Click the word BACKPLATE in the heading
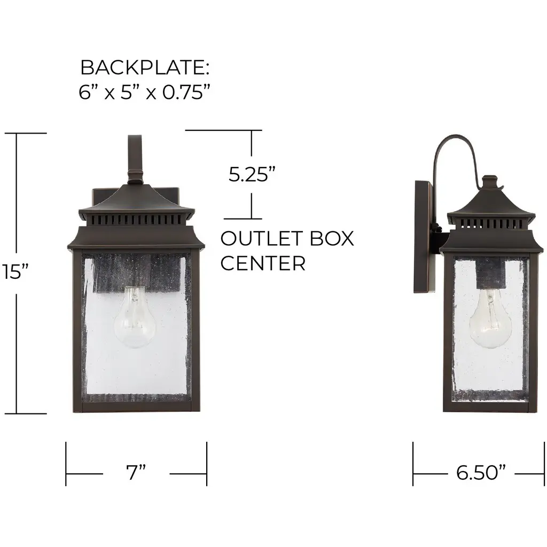pyautogui.click(x=142, y=67)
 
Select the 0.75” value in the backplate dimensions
pyautogui.click(x=186, y=92)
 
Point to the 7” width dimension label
pyautogui.click(x=136, y=472)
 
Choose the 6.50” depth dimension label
pyautogui.click(x=480, y=472)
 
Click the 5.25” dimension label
pyautogui.click(x=252, y=174)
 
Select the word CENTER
pyautogui.click(x=263, y=263)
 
